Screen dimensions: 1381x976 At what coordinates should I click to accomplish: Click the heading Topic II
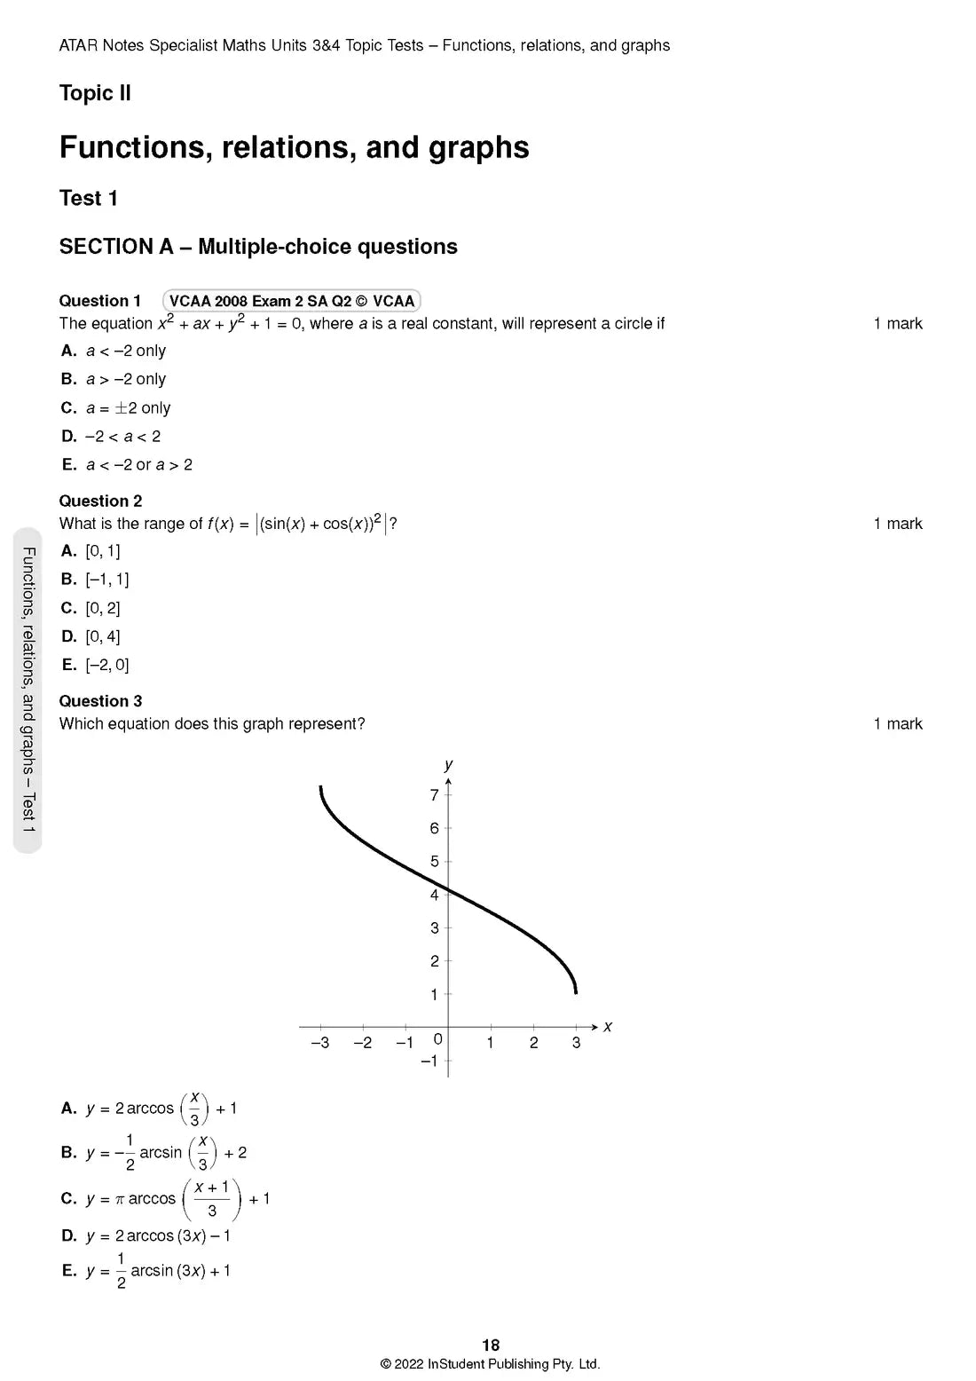coord(95,93)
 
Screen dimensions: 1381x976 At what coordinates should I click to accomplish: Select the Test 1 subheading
coord(88,198)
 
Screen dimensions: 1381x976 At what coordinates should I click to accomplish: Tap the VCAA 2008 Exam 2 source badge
coord(291,301)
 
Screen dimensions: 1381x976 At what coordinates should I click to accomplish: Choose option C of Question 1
coord(115,408)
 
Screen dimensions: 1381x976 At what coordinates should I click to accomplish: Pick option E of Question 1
coord(127,465)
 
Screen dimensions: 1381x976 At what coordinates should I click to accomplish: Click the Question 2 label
coord(100,501)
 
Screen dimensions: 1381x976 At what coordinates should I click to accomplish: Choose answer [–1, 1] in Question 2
coord(95,580)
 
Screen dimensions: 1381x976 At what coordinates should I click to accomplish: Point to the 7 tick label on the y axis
coord(434,795)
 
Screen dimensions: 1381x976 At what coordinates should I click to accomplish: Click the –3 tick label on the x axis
coord(319,1043)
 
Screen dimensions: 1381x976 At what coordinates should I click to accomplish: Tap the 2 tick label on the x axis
coord(533,1043)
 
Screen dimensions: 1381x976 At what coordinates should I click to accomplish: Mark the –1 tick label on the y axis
coord(429,1061)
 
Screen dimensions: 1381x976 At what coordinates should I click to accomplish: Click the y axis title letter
coord(449,764)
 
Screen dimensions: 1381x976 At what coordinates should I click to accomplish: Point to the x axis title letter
coord(608,1027)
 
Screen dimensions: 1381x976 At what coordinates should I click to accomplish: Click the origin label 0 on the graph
coord(437,1039)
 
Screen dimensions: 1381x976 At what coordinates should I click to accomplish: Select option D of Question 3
coord(147,1236)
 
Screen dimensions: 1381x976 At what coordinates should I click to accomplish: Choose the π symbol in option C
coord(120,1199)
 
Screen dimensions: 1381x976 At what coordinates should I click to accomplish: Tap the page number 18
coord(491,1345)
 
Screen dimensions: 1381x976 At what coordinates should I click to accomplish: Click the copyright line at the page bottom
coord(490,1364)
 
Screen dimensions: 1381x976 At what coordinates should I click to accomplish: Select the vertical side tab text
coord(28,690)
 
